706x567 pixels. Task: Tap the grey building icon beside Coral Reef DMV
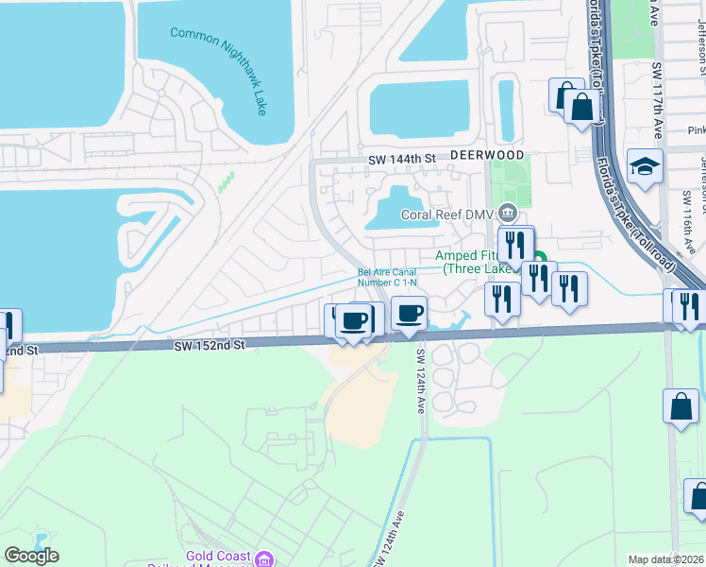point(508,213)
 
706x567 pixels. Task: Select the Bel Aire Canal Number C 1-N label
point(387,278)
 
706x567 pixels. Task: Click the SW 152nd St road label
point(209,347)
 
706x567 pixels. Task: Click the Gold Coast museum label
point(216,557)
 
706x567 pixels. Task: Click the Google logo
point(31,556)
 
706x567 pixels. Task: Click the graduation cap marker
point(645,165)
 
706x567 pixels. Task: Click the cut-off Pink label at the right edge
point(696,130)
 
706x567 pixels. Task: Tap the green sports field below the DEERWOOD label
point(510,184)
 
